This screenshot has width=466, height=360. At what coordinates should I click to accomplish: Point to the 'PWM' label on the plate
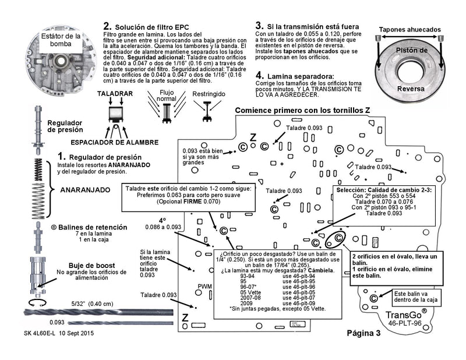[204, 287]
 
